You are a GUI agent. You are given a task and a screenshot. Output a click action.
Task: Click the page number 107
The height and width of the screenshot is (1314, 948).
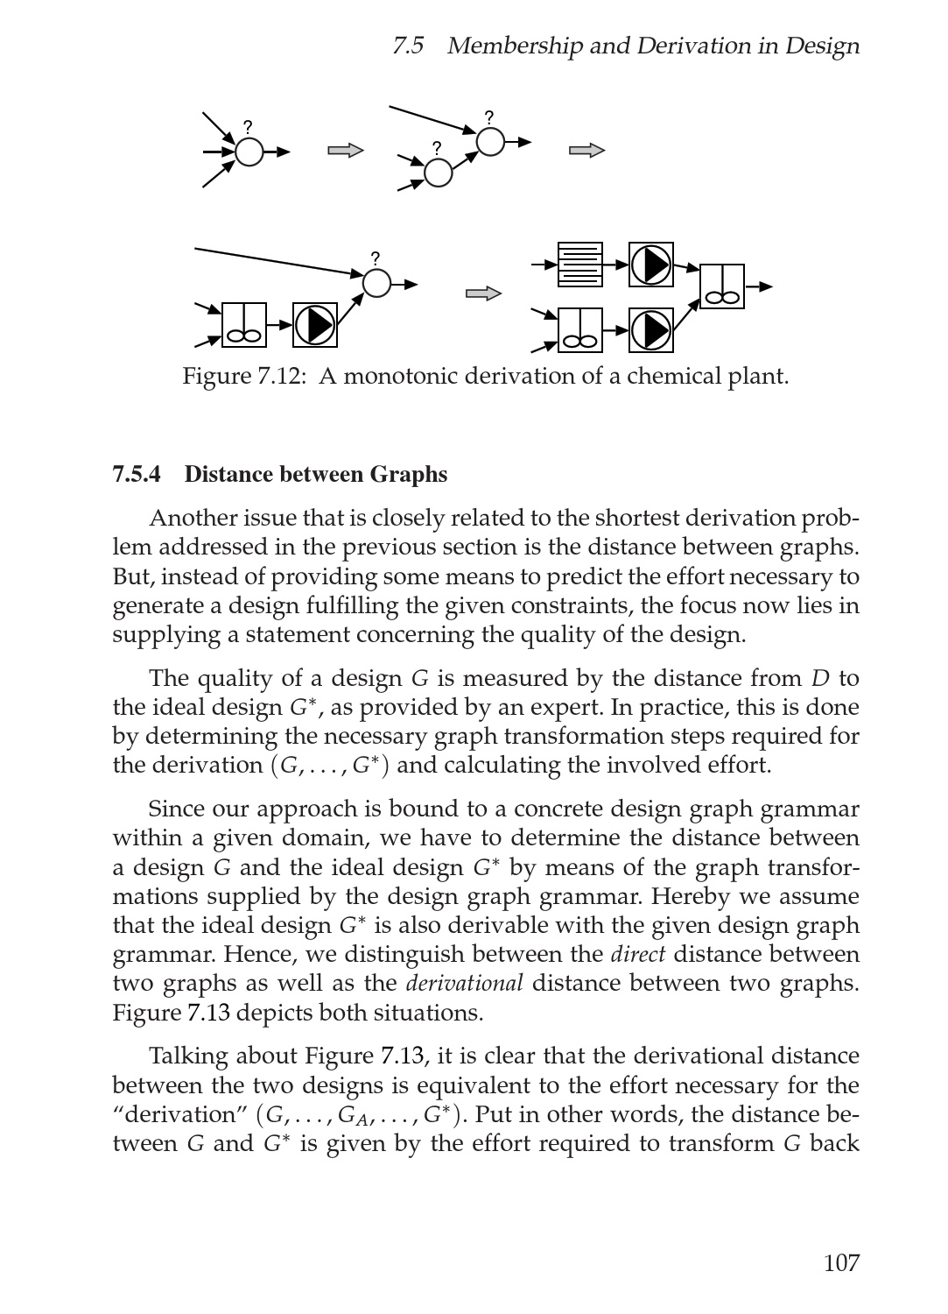pyautogui.click(x=841, y=1262)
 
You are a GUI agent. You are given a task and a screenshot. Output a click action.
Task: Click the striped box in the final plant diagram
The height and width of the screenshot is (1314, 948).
pyautogui.click(x=580, y=265)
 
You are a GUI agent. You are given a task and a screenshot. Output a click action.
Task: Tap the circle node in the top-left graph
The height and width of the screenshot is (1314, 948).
pyautogui.click(x=249, y=152)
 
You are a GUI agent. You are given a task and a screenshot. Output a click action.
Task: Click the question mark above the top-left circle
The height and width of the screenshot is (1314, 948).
pyautogui.click(x=248, y=127)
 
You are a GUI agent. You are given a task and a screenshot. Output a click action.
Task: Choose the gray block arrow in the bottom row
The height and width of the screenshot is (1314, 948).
pyautogui.click(x=483, y=293)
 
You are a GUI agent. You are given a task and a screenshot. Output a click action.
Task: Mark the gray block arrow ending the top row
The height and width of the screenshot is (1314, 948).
pyautogui.click(x=586, y=151)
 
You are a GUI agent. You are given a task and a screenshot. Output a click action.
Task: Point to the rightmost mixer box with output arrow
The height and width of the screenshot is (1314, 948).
pyautogui.click(x=722, y=286)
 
